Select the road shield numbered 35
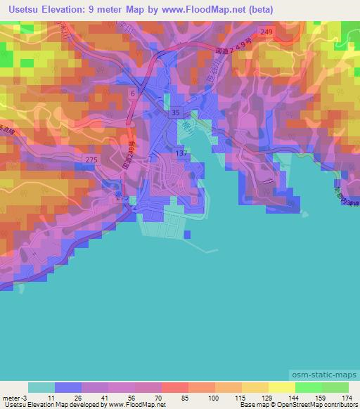(x=176, y=113)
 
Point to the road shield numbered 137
(x=181, y=153)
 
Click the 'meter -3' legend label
(x=13, y=397)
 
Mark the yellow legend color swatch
(x=255, y=387)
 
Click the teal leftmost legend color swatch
(x=41, y=387)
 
